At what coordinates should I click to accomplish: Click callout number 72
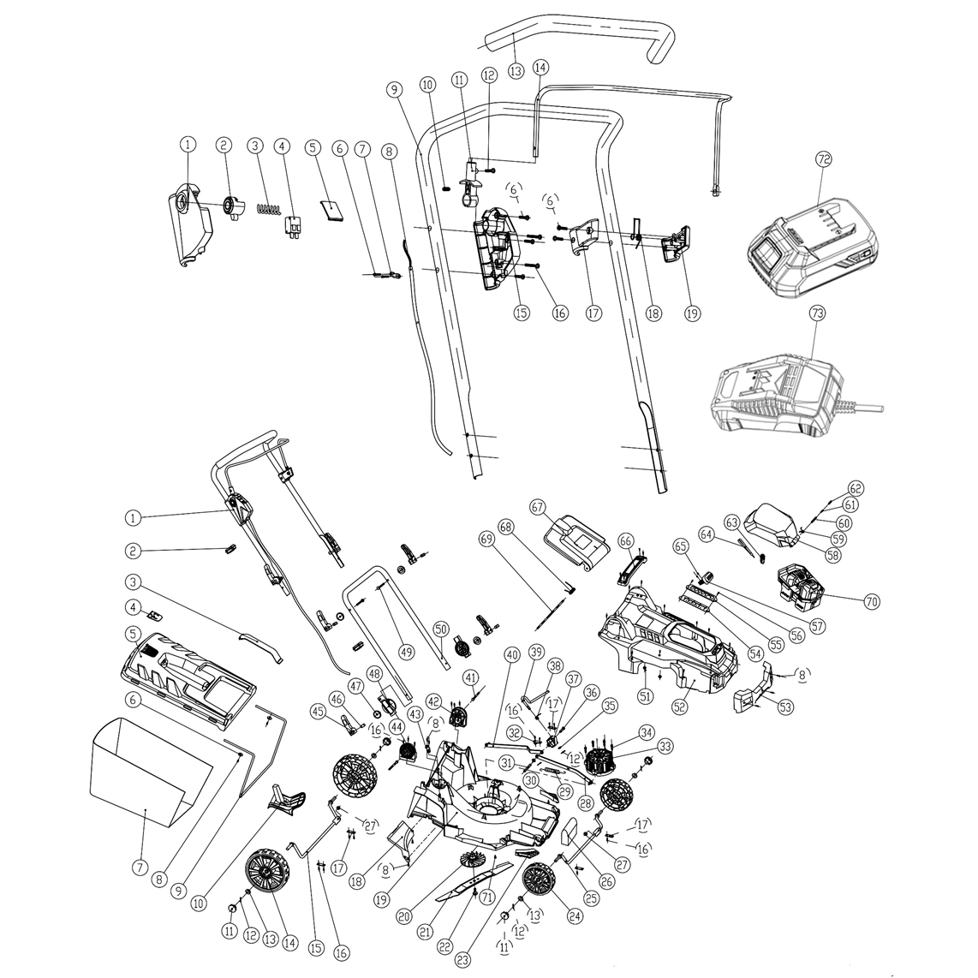824,160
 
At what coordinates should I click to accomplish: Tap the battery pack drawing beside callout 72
809,248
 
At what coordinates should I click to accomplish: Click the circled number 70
872,602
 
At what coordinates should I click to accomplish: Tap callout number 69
487,540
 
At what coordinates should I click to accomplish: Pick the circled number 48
373,673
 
